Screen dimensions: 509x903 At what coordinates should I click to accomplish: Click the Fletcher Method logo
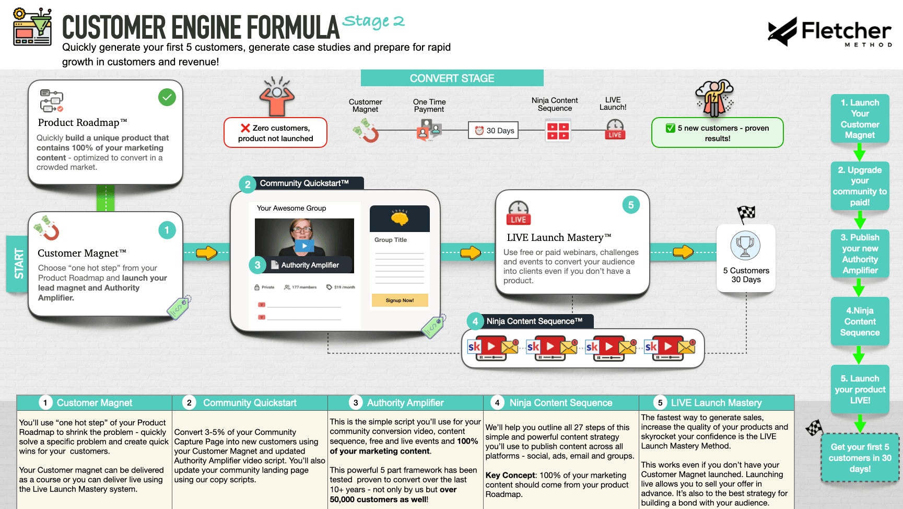tap(829, 32)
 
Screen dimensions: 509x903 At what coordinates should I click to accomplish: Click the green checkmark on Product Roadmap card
tap(167, 97)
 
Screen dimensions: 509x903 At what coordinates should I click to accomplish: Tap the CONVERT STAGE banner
tap(452, 78)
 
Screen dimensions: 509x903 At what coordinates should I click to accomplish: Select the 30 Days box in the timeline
tap(494, 131)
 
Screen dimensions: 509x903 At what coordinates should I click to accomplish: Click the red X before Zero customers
tap(245, 128)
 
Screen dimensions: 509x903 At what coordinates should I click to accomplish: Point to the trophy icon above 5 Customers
tap(745, 245)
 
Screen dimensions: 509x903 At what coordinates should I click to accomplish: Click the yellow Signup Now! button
tap(400, 300)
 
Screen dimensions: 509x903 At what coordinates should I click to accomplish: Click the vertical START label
tap(19, 263)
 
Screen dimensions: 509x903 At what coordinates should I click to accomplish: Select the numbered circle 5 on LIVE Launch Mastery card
tap(631, 205)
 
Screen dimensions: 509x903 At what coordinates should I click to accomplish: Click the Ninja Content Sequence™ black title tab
tap(534, 321)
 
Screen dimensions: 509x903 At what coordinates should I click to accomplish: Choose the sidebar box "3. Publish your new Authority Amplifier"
tap(860, 254)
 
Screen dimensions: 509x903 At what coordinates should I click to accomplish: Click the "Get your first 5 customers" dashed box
tap(860, 458)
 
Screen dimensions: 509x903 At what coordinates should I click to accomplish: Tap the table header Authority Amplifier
tap(405, 403)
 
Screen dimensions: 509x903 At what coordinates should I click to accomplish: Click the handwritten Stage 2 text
tap(373, 21)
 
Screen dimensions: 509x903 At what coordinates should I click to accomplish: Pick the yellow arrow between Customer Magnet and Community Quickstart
tap(207, 253)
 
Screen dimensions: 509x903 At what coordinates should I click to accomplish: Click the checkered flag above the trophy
tap(746, 213)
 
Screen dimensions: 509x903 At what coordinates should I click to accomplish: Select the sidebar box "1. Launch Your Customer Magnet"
tap(860, 119)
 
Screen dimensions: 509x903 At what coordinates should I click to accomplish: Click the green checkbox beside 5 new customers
tap(671, 128)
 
